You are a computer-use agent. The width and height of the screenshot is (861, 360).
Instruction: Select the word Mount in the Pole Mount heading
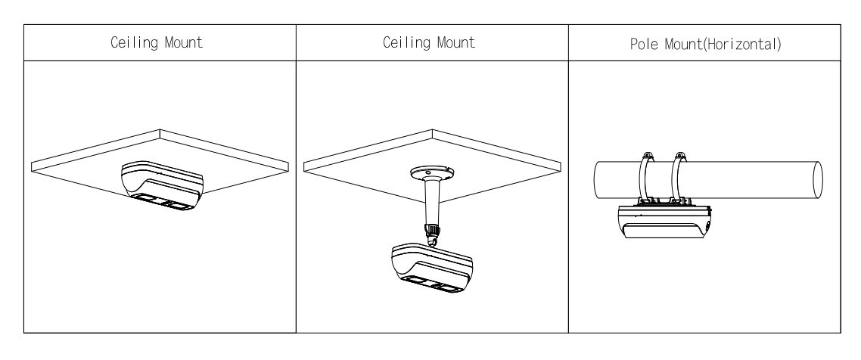(684, 44)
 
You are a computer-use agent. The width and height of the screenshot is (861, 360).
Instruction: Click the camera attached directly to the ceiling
(161, 185)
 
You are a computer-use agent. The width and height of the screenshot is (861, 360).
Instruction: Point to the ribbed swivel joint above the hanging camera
(431, 230)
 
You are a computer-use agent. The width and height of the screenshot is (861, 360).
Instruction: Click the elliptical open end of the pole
(817, 180)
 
